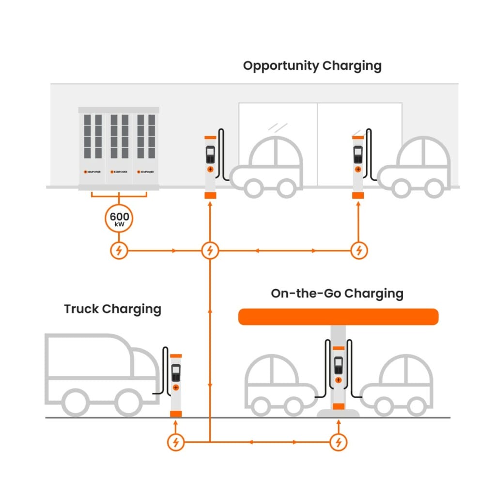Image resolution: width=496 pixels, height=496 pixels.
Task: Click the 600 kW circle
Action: coord(119,218)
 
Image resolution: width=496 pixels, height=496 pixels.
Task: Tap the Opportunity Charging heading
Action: coord(312,66)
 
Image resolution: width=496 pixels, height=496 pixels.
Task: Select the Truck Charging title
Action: coord(112,309)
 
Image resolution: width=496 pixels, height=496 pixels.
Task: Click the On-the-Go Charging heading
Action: coord(337,294)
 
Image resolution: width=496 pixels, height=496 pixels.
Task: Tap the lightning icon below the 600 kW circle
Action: coord(119,250)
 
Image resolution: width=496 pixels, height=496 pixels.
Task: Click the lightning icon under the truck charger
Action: coord(176,442)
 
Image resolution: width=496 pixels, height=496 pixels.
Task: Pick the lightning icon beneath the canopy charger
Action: coord(339,442)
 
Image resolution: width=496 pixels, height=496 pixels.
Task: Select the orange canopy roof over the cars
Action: coord(339,317)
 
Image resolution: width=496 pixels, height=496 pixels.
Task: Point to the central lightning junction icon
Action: coord(210,250)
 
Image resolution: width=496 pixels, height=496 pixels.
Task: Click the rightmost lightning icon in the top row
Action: coord(358,250)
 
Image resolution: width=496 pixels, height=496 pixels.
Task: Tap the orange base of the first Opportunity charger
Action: coord(210,195)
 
